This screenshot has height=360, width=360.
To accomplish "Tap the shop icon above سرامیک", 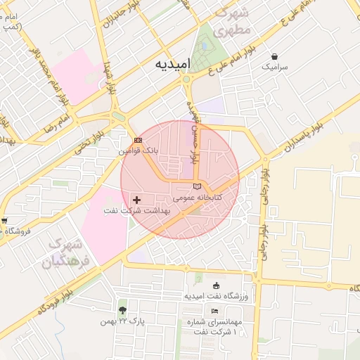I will click(x=274, y=56).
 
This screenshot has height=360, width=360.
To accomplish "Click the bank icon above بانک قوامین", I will click(x=138, y=141).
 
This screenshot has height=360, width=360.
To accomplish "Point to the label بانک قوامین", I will click(x=139, y=151).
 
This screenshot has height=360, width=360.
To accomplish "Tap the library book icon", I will click(x=198, y=186).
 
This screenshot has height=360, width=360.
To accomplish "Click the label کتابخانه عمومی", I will click(x=198, y=198).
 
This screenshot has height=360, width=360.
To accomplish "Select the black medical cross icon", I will click(x=136, y=200).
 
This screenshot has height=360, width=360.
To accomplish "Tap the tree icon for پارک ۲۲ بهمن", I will click(x=124, y=310).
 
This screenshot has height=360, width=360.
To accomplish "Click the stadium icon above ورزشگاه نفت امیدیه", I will click(x=217, y=285).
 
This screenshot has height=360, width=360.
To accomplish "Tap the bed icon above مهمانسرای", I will click(x=214, y=311).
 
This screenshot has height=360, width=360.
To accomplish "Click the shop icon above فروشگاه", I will click(x=4, y=220).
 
